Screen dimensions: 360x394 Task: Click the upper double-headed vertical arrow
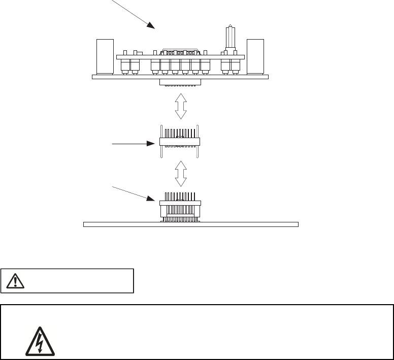[181, 106]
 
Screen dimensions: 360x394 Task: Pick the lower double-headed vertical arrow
[181, 174]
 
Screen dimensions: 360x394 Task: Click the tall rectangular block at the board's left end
[104, 56]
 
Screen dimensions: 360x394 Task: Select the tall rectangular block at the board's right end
[255, 56]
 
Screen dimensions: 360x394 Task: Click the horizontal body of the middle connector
[180, 142]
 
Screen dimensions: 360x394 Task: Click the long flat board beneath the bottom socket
[190, 224]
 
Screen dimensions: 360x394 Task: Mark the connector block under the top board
[180, 82]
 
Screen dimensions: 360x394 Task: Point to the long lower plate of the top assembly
[180, 77]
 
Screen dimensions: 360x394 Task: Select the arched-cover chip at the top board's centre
[180, 52]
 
